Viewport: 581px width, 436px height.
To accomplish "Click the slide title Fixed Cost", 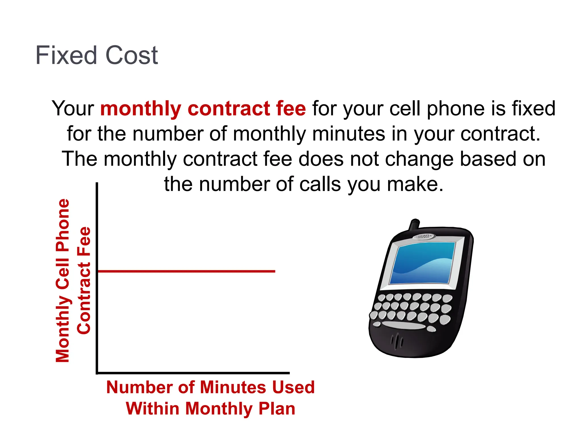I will tap(96, 55).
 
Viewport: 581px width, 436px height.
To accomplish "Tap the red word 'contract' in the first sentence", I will tap(228, 109).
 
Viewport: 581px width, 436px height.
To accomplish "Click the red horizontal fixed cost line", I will tap(186, 271).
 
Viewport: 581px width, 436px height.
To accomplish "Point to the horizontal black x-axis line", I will tap(193, 373).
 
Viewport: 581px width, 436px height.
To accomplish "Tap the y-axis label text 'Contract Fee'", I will tap(84, 280).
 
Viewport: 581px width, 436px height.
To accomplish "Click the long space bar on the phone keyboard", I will tap(403, 325).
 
